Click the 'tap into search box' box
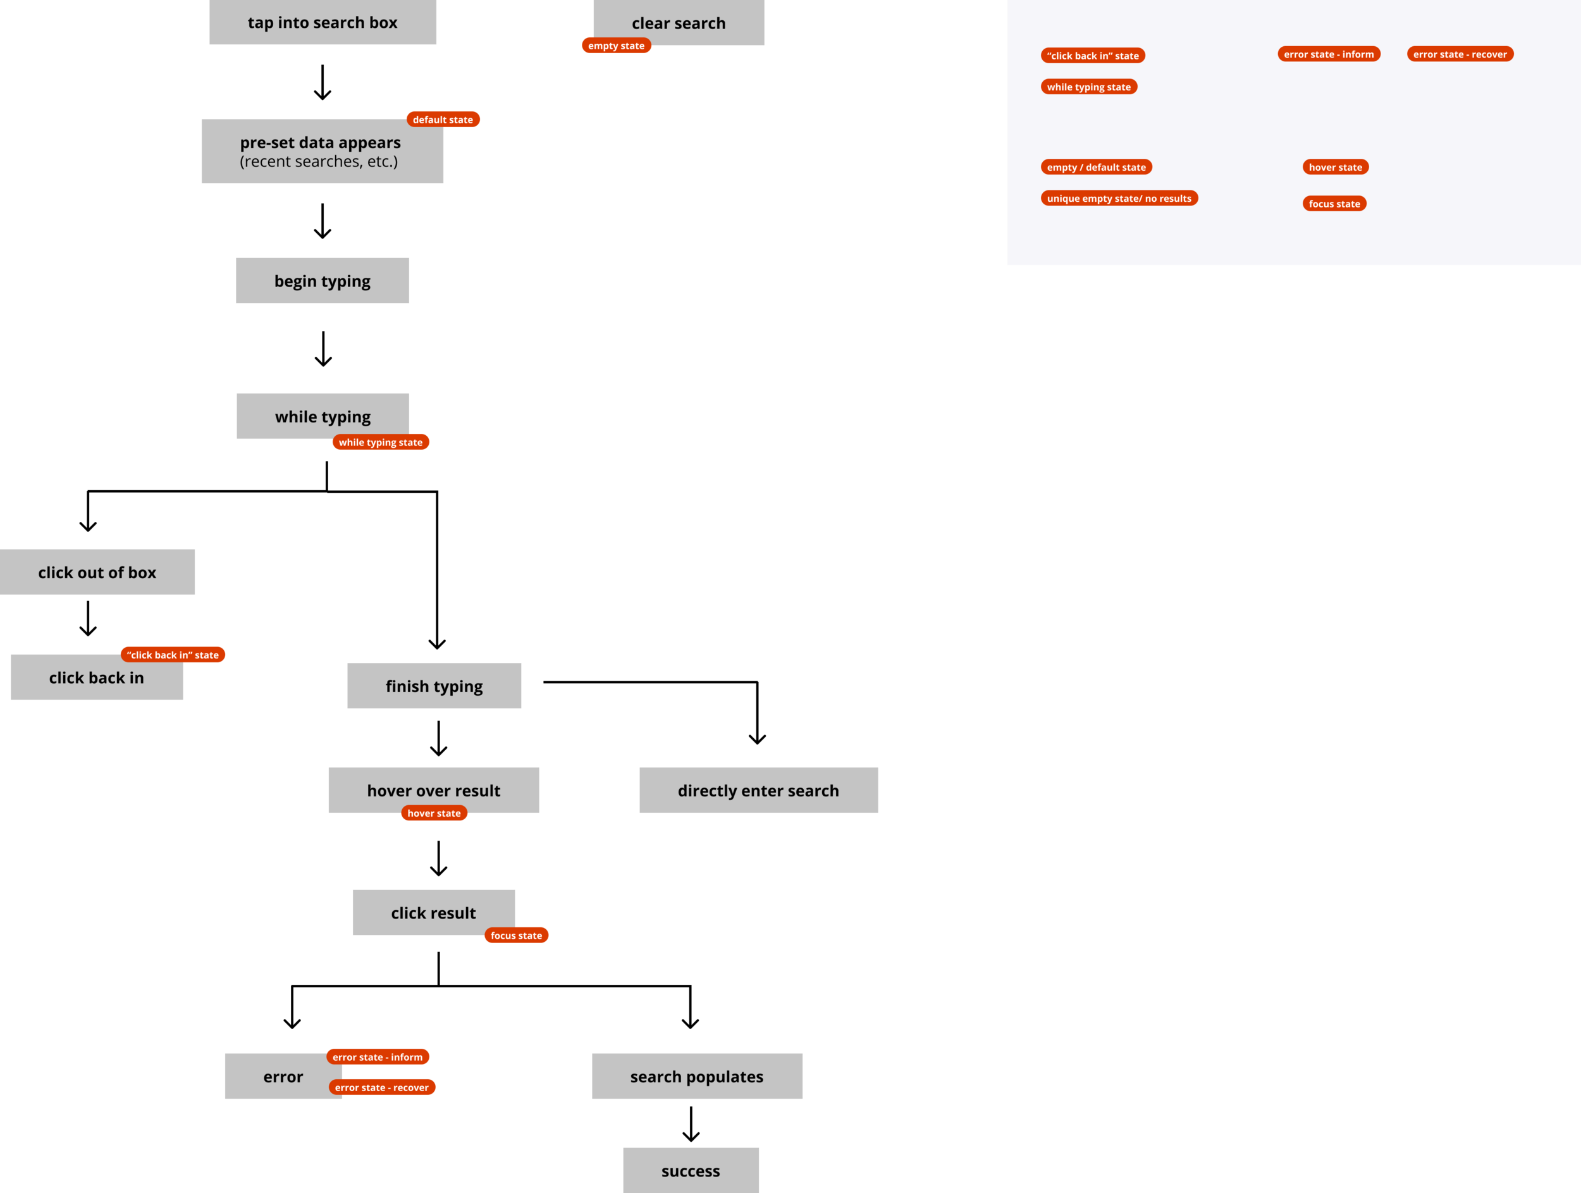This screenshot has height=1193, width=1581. coord(323,22)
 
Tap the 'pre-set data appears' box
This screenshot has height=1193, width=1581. coord(322,152)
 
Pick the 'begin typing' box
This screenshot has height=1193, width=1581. coord(323,281)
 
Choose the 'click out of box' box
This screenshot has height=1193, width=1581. coord(97,572)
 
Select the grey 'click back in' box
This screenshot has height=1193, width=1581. coord(97,678)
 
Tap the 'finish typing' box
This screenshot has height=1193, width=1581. coord(434,686)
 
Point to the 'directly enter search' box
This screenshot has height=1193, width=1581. coord(758,791)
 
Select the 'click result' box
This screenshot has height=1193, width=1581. coord(433,912)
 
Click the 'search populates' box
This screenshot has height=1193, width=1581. coord(697,1077)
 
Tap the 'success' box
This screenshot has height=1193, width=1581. coord(691,1171)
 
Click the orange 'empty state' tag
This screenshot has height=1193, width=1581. coord(616,46)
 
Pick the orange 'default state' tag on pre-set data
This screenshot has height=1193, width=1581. coord(443,120)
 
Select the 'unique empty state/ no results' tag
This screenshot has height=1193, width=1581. coord(1119,199)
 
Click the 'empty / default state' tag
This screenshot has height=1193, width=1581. coord(1096,167)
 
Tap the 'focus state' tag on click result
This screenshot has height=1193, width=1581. coord(516,936)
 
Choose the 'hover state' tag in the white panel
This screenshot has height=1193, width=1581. coord(1335,167)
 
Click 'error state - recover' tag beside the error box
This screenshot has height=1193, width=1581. coord(382,1087)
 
